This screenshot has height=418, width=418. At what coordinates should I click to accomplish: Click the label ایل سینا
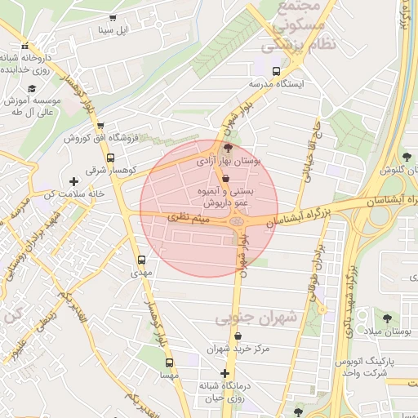click(x=112, y=31)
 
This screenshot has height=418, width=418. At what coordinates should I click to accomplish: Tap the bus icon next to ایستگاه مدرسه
click(x=277, y=70)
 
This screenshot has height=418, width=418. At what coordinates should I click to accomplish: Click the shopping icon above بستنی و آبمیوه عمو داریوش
click(x=226, y=179)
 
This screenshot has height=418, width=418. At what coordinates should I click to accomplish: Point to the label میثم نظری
click(x=189, y=220)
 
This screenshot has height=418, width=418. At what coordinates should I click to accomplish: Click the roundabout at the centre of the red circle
click(x=237, y=220)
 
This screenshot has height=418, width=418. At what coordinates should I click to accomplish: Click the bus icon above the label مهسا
click(x=169, y=362)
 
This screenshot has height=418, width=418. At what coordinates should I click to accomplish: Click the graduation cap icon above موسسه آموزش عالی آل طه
click(x=32, y=88)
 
